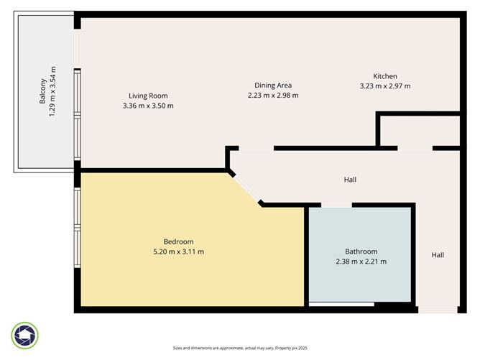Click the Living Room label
click(148, 96)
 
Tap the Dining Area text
click(272, 86)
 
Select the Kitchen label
click(384, 76)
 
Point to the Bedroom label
click(178, 241)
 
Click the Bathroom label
click(361, 251)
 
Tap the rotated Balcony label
click(43, 91)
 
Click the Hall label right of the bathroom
click(438, 254)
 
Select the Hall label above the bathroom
click(349, 180)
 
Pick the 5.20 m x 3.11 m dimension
click(178, 251)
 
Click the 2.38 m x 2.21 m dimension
click(361, 262)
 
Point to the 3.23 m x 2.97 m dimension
click(384, 86)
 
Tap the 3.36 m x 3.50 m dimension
click(148, 106)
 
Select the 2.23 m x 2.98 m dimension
click(272, 95)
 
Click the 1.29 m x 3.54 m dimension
click(52, 91)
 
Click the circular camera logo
click(25, 335)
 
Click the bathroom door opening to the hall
click(336, 206)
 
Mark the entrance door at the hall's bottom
click(437, 310)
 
